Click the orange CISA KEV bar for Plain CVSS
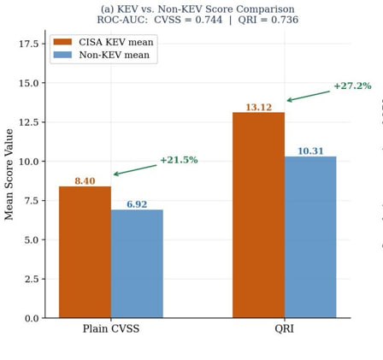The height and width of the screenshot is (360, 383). pos(85,252)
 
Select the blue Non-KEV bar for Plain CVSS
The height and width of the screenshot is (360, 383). pos(137,263)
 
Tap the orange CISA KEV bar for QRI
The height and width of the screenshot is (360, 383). pos(258,215)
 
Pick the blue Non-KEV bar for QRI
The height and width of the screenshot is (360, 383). pos(310,237)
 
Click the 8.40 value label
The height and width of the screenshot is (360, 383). pos(85,181)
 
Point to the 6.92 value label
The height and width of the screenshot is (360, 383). pos(137,204)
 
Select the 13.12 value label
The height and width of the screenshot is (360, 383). pos(259,107)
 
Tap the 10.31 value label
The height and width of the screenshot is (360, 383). pos(310,151)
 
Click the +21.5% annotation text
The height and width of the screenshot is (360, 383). pos(179,160)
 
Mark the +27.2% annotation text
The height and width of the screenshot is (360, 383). pos(352,86)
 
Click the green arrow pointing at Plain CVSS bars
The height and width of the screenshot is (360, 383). pos(135,170)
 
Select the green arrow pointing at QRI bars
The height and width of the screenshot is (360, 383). pos(309,96)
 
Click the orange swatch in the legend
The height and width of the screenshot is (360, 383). pos(62,42)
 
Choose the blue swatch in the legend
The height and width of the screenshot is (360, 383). pos(62,55)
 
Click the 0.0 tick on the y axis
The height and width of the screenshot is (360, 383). pos(32,318)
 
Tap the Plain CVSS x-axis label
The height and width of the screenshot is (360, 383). pos(111,328)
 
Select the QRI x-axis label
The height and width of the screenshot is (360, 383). pos(284,329)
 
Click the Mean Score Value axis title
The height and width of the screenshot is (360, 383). pos(9,174)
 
